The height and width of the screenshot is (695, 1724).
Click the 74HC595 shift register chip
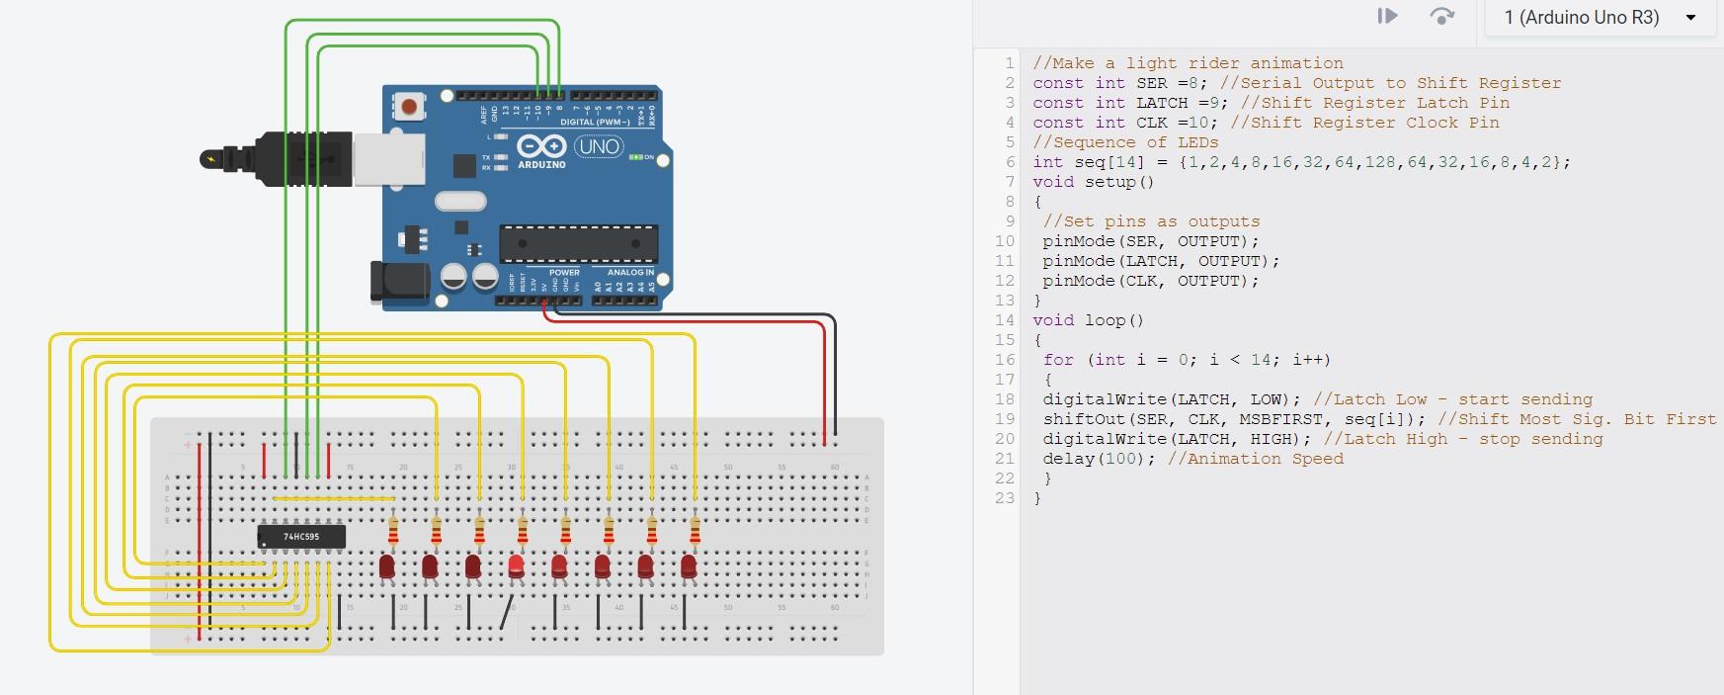pos(301,536)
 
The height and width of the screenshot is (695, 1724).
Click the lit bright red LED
pos(516,566)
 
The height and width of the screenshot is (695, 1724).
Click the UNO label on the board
pos(599,147)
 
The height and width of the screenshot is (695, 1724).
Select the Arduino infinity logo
pos(541,147)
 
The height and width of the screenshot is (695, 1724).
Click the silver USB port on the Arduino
pos(388,158)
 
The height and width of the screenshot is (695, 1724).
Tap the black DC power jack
pos(399,281)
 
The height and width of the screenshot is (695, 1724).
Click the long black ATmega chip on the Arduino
pos(578,243)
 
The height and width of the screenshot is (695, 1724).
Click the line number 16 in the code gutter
pos(1005,360)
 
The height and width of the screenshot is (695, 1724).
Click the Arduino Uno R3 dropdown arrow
pos(1690,18)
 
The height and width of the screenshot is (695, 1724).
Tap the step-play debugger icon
pos(1387,16)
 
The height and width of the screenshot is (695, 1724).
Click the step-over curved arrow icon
pos(1441,16)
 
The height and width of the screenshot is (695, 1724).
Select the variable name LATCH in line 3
pos(1161,103)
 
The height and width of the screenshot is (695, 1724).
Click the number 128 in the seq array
pos(1379,162)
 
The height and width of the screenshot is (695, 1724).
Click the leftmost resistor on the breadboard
pos(393,532)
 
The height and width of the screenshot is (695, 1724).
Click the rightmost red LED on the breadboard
pos(689,566)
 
